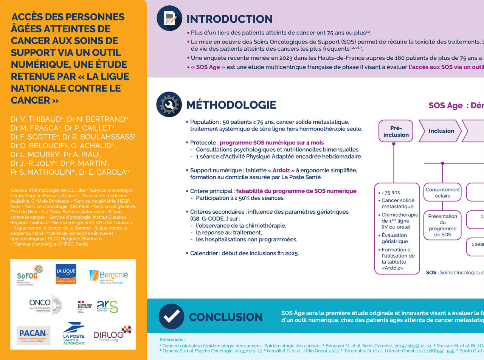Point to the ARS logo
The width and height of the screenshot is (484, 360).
pyautogui.click(x=107, y=306)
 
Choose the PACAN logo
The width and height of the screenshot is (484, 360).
pyautogui.click(x=34, y=335)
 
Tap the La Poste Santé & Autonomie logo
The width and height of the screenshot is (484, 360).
pyautogui.click(x=74, y=334)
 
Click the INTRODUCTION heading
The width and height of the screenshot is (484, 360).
pyautogui.click(x=230, y=19)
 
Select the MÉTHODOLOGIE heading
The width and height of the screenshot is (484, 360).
pyautogui.click(x=231, y=105)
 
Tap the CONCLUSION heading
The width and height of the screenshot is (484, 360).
pyautogui.click(x=226, y=317)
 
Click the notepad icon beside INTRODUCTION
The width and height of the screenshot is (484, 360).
pyautogui.click(x=169, y=18)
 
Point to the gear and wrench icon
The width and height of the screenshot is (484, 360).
pyautogui.click(x=169, y=104)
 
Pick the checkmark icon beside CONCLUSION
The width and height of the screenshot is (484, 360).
pyautogui.click(x=171, y=317)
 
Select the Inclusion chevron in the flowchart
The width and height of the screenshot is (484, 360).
pyautogui.click(x=441, y=131)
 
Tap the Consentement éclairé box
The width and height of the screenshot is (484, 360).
pyautogui.click(x=443, y=193)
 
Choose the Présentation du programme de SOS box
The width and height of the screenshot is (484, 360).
pyautogui.click(x=443, y=225)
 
